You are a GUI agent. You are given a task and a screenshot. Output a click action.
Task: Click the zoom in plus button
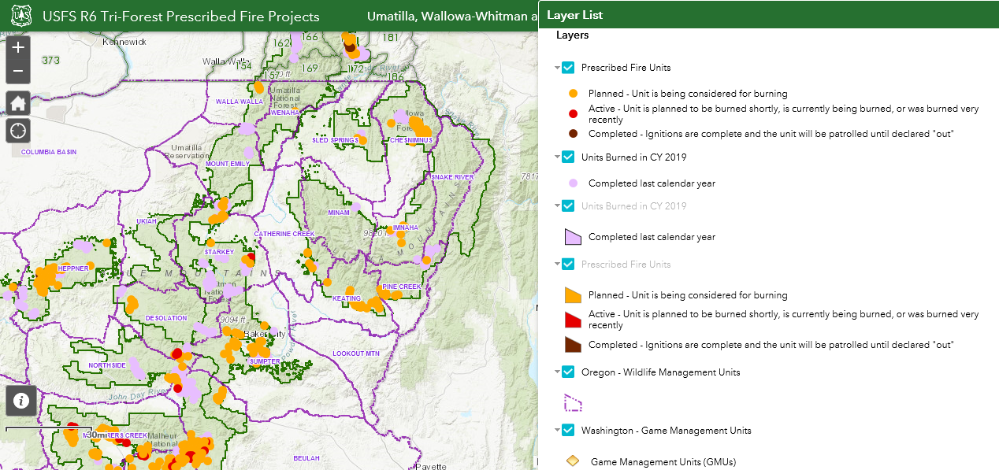[x=18, y=47]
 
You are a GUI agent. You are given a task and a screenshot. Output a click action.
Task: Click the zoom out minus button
[x=18, y=72]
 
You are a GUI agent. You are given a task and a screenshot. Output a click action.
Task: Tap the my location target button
[x=18, y=130]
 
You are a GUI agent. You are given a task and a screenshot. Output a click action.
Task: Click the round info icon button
[x=21, y=401]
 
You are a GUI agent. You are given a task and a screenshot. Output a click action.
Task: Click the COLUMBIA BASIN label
[x=49, y=151]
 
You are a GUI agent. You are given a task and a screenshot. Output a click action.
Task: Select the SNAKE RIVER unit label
[x=453, y=177]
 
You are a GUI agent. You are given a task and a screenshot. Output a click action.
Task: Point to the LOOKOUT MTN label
[x=356, y=353]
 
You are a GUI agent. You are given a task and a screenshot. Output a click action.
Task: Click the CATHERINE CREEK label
[x=284, y=234]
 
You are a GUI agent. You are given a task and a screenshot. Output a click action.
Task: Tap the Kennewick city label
[x=124, y=43]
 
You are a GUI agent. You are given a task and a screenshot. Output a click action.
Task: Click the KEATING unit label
[x=347, y=298]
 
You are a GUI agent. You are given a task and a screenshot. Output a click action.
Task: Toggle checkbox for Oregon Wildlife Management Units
[x=568, y=372]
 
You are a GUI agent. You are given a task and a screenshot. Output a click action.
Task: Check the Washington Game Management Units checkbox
[x=568, y=431]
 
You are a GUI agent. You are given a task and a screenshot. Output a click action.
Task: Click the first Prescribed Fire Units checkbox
[x=568, y=68]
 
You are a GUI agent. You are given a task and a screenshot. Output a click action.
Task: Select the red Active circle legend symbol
[x=573, y=114]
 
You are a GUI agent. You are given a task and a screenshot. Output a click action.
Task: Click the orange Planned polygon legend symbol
[x=573, y=295]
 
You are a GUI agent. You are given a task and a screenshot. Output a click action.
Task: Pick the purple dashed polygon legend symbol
[x=573, y=402]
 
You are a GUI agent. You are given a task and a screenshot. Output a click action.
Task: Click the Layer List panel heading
[x=574, y=15]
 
